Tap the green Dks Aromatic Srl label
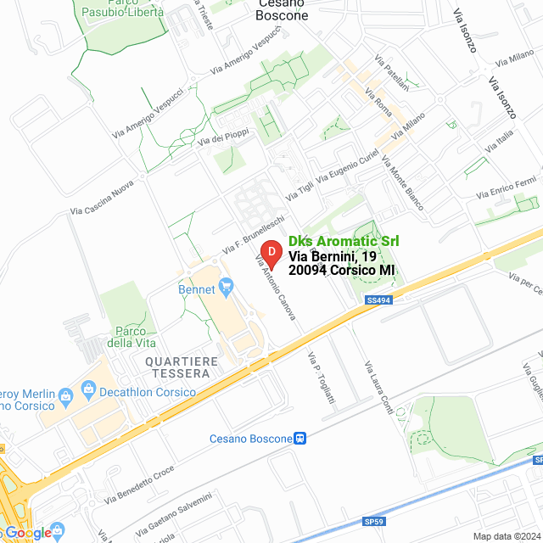coord(344,241)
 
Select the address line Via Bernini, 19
coord(333,255)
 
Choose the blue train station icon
coord(299,439)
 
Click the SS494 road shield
coord(378,300)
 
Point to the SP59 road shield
coord(374,521)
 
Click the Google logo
coord(28,532)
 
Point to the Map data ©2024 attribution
coord(507,536)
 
